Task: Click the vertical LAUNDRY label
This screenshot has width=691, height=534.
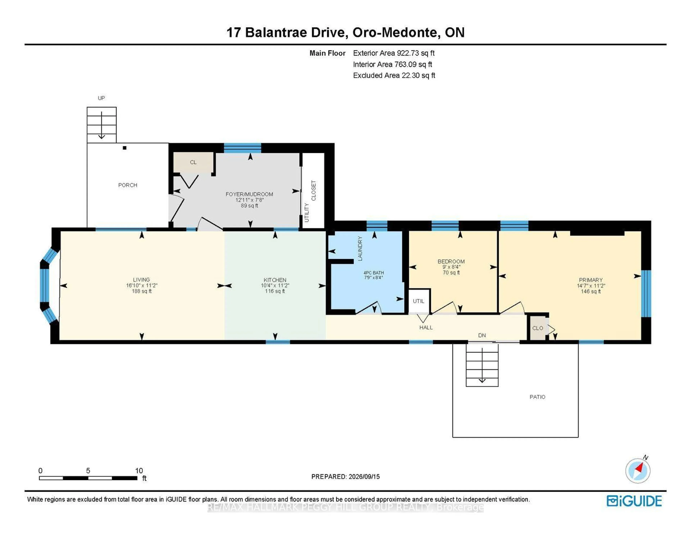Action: [x=360, y=248]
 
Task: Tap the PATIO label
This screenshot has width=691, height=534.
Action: [x=538, y=397]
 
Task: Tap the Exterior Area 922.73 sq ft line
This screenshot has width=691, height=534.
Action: [x=394, y=53]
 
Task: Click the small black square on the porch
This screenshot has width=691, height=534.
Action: [x=125, y=148]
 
